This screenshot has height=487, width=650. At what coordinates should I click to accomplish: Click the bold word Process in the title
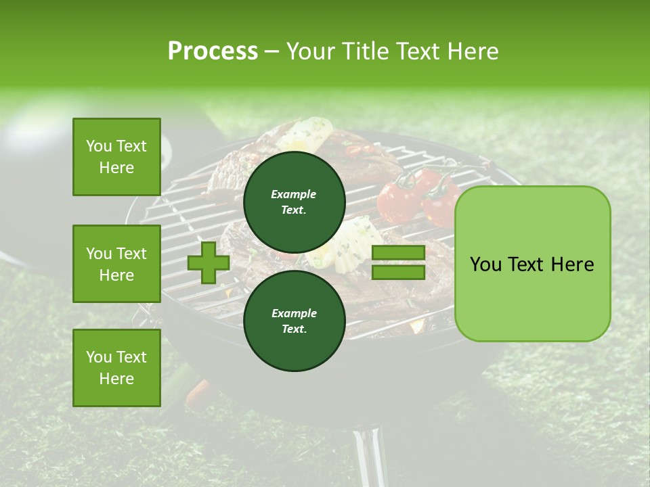pyautogui.click(x=213, y=51)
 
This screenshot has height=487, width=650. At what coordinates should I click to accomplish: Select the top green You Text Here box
pyautogui.click(x=116, y=157)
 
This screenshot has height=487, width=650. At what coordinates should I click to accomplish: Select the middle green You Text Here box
pyautogui.click(x=116, y=264)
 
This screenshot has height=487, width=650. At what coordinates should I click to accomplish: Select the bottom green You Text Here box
pyautogui.click(x=116, y=368)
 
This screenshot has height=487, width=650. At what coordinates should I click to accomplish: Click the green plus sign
pyautogui.click(x=208, y=262)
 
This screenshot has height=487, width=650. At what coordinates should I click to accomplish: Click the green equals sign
pyautogui.click(x=398, y=262)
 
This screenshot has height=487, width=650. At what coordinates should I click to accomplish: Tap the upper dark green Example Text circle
pyautogui.click(x=294, y=202)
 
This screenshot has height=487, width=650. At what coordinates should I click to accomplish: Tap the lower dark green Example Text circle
pyautogui.click(x=294, y=321)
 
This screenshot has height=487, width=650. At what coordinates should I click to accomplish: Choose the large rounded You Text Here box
pyautogui.click(x=532, y=264)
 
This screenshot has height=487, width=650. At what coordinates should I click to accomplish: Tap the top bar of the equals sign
pyautogui.click(x=398, y=253)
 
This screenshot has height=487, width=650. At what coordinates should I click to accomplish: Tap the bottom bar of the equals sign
pyautogui.click(x=398, y=273)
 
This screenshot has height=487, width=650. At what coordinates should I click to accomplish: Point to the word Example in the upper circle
pyautogui.click(x=294, y=194)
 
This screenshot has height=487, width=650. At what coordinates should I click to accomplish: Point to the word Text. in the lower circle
pyautogui.click(x=294, y=329)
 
